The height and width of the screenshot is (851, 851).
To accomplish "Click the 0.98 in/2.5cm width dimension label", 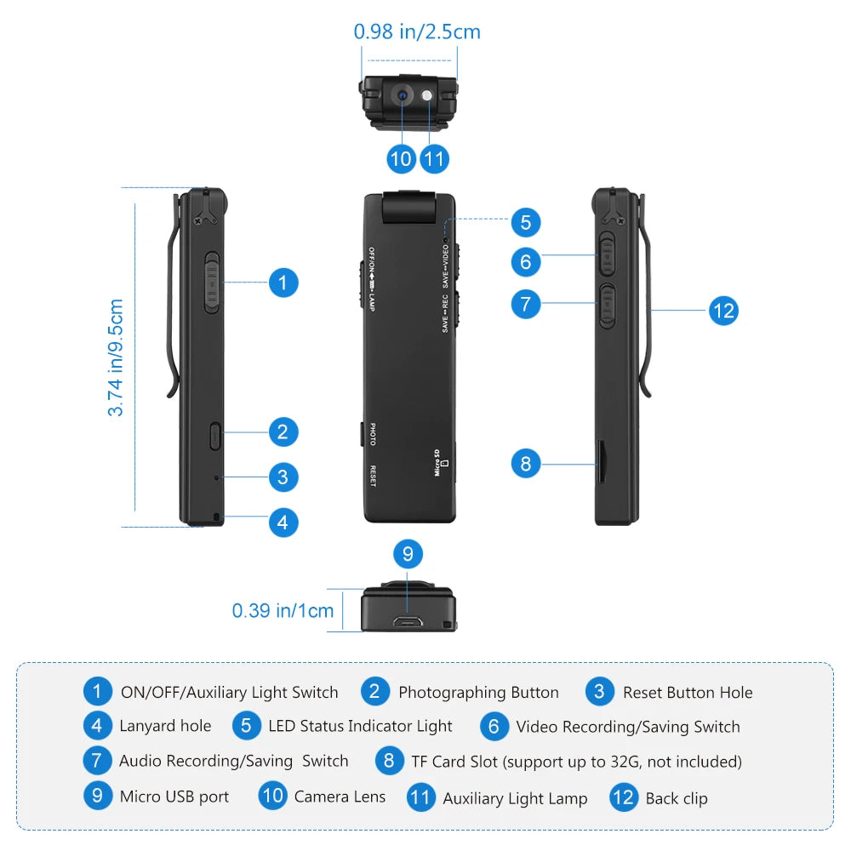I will [x=417, y=32].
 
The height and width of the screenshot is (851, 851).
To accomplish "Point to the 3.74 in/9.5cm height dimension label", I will [x=116, y=357].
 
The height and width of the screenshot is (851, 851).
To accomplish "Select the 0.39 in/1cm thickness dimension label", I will [x=283, y=610].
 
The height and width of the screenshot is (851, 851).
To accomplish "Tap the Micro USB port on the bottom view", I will [x=408, y=621].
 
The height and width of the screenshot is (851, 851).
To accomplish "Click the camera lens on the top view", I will [x=402, y=95].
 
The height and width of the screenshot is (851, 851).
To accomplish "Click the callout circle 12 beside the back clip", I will [x=722, y=311].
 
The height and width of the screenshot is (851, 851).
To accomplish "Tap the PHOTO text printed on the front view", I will [x=372, y=435].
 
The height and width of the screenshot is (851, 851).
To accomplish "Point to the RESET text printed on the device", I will [x=372, y=475].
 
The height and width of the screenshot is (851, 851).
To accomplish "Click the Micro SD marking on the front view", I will [x=440, y=463].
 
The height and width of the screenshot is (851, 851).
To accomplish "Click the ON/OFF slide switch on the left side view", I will [x=212, y=282].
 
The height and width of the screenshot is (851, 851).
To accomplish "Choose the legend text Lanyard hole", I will [x=165, y=726].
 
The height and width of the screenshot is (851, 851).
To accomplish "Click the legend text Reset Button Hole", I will [x=687, y=693].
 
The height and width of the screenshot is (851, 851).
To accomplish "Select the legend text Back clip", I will [x=676, y=798].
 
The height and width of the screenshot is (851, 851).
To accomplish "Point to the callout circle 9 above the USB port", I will [x=408, y=555].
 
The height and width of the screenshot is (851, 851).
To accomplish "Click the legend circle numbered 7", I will [x=97, y=761].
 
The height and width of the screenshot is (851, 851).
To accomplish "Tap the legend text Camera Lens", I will [x=340, y=797].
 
